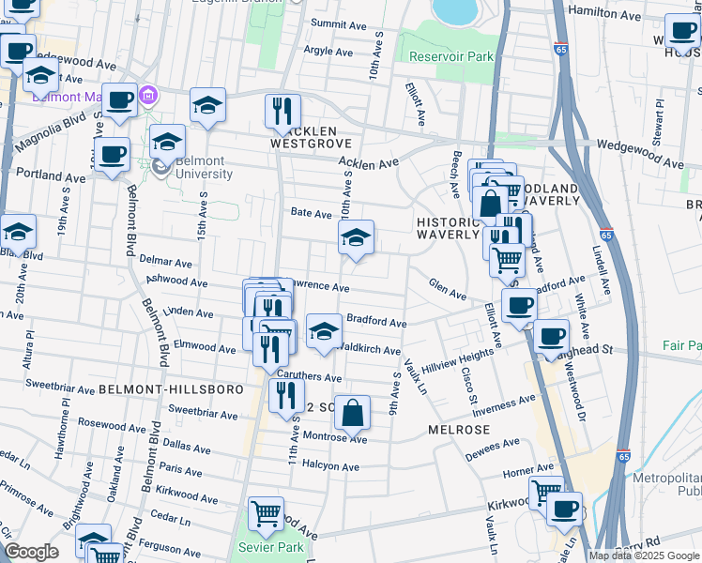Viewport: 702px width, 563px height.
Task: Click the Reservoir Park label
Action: (451, 56)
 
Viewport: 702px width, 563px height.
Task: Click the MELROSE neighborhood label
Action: (459, 429)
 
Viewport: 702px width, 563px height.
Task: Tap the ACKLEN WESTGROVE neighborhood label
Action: (311, 137)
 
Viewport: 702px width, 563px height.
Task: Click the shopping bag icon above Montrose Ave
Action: (352, 412)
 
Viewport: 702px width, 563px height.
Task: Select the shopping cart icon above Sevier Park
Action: (267, 513)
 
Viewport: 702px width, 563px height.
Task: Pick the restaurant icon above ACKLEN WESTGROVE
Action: (282, 110)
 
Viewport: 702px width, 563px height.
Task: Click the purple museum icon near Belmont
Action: (148, 96)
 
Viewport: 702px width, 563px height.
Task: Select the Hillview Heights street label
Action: (457, 355)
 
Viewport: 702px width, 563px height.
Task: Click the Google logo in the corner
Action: (31, 552)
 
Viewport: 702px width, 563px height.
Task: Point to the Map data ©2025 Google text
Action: (644, 555)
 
